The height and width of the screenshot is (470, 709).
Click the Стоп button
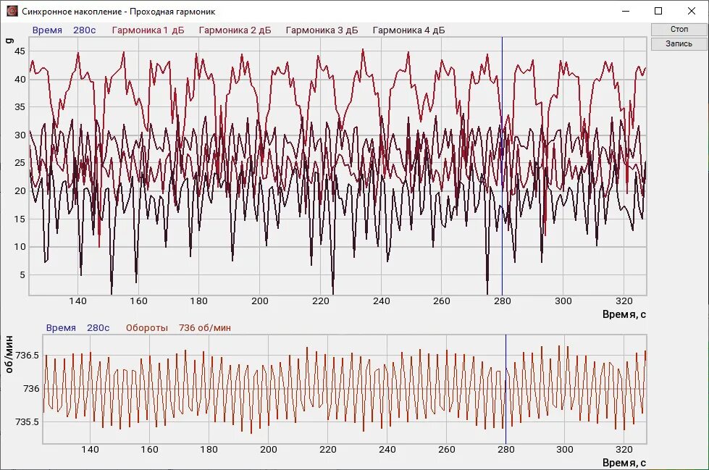(679, 29)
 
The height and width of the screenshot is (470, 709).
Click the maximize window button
(658, 11)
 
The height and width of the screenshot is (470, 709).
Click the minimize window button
(625, 11)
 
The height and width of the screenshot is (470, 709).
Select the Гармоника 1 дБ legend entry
(148, 30)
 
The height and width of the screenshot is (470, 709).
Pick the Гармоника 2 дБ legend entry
(235, 30)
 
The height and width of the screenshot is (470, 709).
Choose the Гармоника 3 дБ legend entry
(322, 30)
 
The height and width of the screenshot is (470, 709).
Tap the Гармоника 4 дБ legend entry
(408, 30)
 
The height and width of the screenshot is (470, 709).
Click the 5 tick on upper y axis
(22, 274)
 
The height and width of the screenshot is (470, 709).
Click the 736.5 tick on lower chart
(27, 356)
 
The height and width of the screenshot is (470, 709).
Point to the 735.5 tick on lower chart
(27, 421)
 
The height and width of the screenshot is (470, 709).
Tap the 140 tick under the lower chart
(90, 450)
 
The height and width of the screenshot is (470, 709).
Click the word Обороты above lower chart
(146, 328)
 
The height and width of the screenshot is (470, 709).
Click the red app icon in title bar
(12, 11)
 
